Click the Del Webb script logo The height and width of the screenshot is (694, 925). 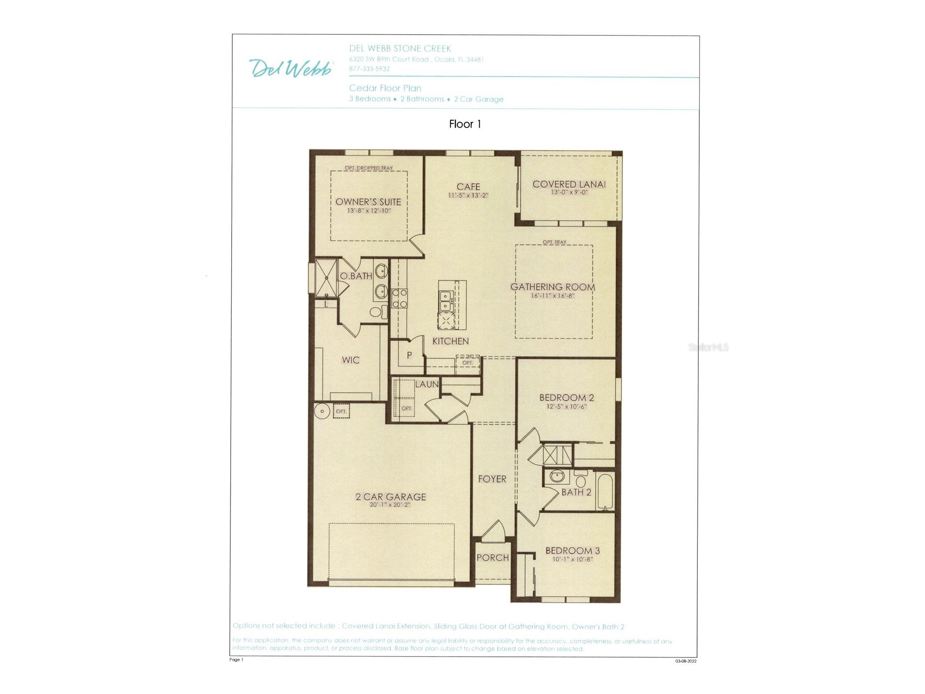point(291,68)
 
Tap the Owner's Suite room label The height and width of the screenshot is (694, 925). point(368,202)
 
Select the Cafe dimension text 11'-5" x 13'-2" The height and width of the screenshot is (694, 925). point(468,195)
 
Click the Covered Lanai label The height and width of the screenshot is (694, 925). point(569,185)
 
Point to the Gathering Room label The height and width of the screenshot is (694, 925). point(553,287)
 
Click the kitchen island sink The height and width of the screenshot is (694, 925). point(445,300)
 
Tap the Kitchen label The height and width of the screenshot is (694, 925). point(450,341)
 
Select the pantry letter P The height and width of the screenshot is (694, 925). point(409,355)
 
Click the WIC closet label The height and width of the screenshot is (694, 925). point(350,360)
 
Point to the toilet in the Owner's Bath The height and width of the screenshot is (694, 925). point(376,312)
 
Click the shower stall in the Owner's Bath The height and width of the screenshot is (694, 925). point(326,277)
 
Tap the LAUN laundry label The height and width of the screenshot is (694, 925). point(427,384)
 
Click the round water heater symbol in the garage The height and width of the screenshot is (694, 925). point(322,411)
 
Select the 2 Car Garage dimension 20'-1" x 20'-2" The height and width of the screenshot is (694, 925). point(390,505)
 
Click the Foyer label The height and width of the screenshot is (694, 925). point(492,479)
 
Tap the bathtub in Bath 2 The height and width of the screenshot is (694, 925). point(604,490)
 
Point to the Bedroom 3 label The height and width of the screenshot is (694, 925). point(572,551)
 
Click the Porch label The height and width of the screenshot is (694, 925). point(492,557)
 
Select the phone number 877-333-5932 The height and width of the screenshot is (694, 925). point(369,69)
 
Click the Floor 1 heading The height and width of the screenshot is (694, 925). point(464,124)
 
